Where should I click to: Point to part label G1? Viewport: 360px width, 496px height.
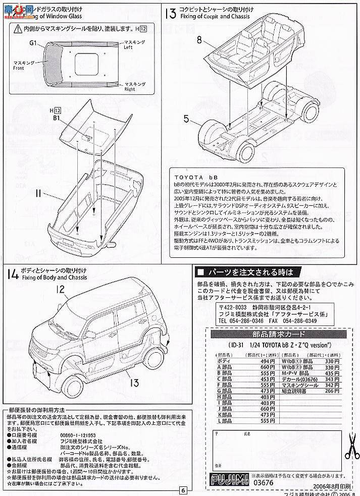[x=34, y=44]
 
